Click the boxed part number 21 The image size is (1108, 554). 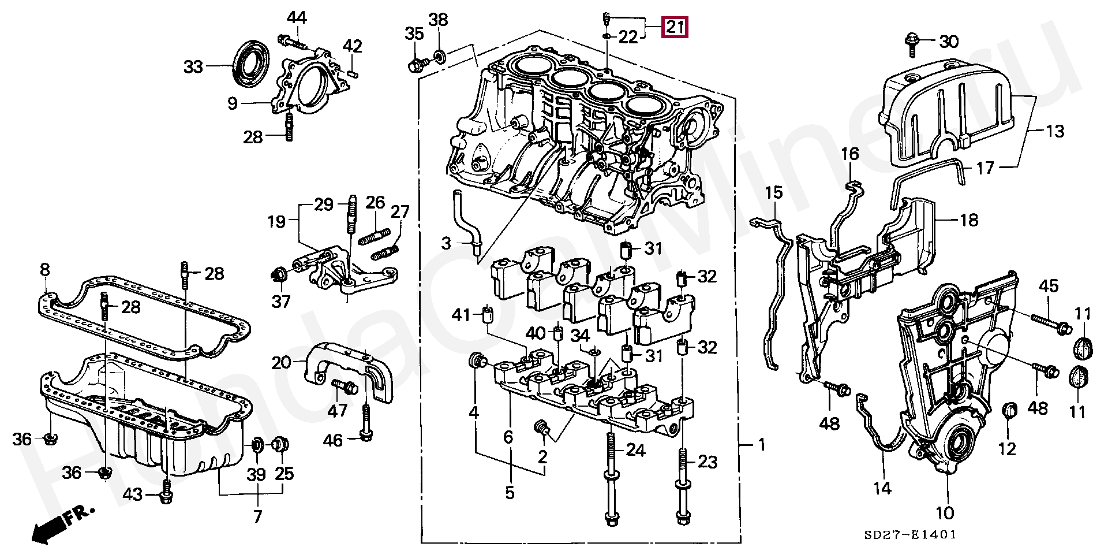675,27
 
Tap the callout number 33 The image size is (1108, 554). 194,67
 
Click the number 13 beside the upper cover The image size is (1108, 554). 1054,132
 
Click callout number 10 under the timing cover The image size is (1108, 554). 945,512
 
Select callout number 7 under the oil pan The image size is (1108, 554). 257,516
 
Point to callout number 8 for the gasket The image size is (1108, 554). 44,270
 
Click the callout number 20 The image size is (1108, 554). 281,363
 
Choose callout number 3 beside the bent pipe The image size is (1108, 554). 446,243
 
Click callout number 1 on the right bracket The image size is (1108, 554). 761,444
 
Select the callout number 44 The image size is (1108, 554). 297,18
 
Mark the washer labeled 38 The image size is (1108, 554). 439,56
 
